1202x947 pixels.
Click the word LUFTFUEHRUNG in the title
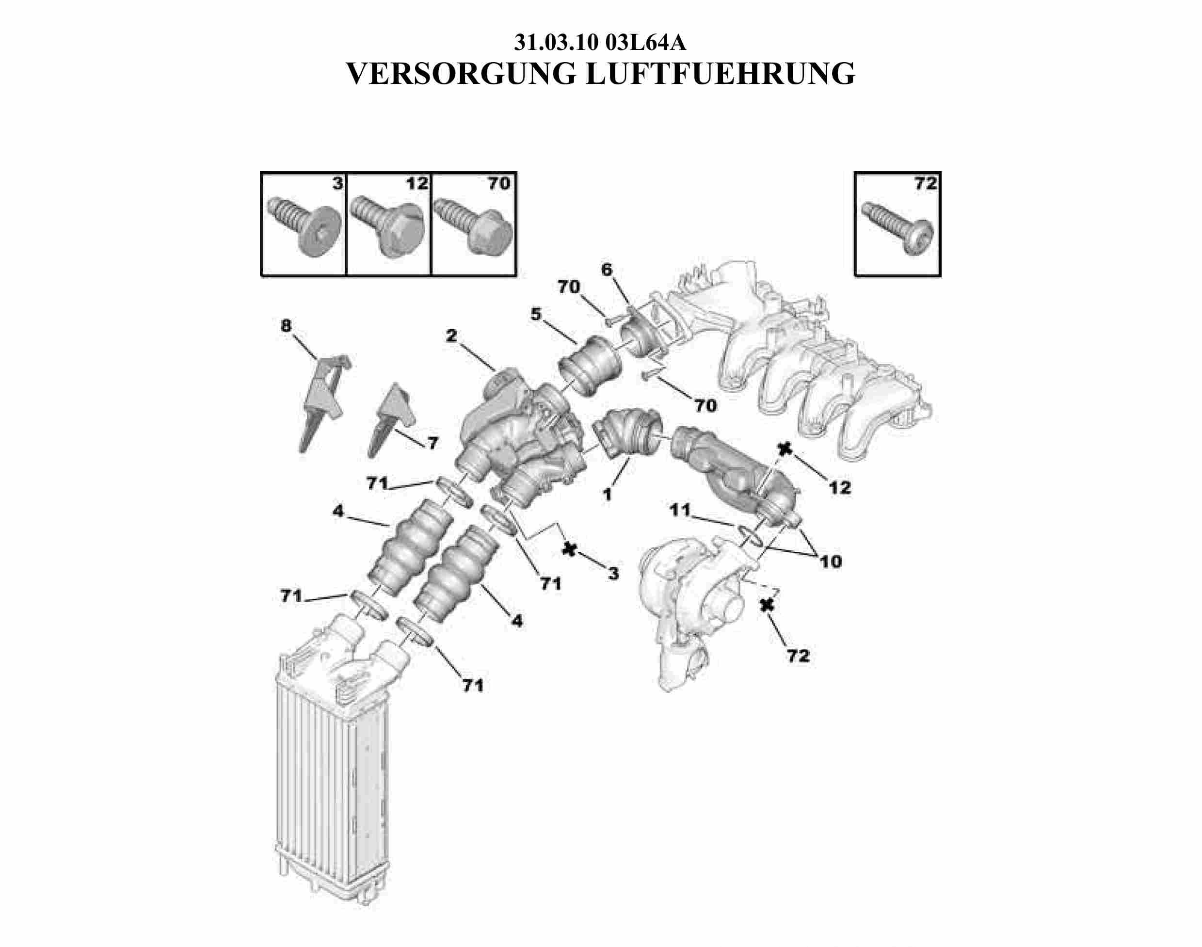point(720,74)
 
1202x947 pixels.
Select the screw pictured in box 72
point(898,228)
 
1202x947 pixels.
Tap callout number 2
point(451,336)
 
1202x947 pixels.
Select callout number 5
point(536,314)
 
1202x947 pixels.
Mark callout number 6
point(607,270)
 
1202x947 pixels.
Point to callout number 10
point(831,561)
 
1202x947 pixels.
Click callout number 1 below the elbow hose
point(608,494)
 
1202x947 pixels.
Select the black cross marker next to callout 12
point(785,449)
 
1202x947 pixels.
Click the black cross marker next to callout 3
point(569,549)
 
